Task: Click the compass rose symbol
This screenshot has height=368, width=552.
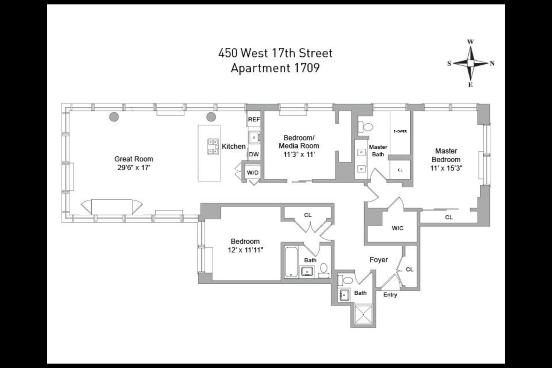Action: pyautogui.click(x=470, y=64)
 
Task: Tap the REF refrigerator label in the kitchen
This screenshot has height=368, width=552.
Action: pyautogui.click(x=254, y=120)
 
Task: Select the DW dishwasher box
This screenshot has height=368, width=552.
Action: pyautogui.click(x=254, y=155)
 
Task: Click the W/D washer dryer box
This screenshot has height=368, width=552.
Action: pyautogui.click(x=252, y=173)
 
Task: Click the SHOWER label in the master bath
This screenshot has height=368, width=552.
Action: pyautogui.click(x=400, y=131)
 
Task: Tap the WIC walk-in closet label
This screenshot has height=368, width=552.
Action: pyautogui.click(x=397, y=228)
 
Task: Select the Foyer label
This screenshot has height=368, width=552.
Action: pyautogui.click(x=379, y=260)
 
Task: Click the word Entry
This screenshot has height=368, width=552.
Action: pyautogui.click(x=390, y=295)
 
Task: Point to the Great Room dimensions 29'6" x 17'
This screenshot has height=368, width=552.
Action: pyautogui.click(x=133, y=168)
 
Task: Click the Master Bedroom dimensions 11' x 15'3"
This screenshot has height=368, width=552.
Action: pyautogui.click(x=446, y=169)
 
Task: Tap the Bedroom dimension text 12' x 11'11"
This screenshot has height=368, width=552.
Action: pyautogui.click(x=245, y=250)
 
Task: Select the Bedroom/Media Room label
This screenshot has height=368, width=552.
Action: pyautogui.click(x=299, y=142)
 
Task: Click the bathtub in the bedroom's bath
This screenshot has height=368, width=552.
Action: pyautogui.click(x=291, y=262)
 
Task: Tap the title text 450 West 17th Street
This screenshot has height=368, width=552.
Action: pyautogui.click(x=275, y=53)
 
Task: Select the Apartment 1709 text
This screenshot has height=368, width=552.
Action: pyautogui.click(x=275, y=68)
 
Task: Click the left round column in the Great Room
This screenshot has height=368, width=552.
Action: pyautogui.click(x=114, y=117)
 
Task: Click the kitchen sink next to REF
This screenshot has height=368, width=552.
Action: pyautogui.click(x=254, y=138)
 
